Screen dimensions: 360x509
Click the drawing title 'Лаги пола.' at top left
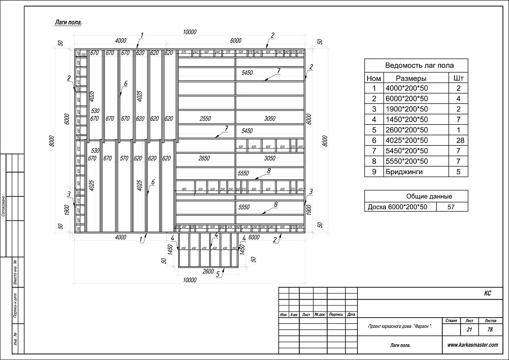(x=68, y=22)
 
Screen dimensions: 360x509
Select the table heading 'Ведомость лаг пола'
(x=419, y=65)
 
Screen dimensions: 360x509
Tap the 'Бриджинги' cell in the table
(x=405, y=172)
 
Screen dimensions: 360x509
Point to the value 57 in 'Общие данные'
(x=449, y=207)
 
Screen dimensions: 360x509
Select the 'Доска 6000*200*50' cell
(x=399, y=207)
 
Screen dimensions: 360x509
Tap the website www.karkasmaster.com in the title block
(x=472, y=345)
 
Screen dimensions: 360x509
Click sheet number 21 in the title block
(x=468, y=330)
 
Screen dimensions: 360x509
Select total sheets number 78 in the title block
(x=490, y=330)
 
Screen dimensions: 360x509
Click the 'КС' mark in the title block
(x=487, y=294)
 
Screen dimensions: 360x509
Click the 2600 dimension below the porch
(x=208, y=271)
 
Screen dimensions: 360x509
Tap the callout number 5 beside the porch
(x=218, y=274)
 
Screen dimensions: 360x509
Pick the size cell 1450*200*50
(x=405, y=119)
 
